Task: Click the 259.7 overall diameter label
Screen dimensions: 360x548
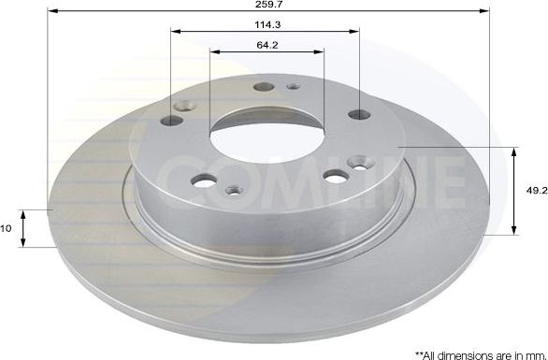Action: point(267,5)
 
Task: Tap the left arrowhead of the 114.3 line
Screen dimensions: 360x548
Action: point(174,32)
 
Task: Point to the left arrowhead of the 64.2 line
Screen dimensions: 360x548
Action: point(213,52)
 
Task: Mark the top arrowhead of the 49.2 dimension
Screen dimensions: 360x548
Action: point(514,151)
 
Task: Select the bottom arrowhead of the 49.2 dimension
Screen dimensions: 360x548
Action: point(514,231)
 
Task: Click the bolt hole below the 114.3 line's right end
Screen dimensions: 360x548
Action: point(360,115)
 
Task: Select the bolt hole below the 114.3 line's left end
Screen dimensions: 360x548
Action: point(170,120)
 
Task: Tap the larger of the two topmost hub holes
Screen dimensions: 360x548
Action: point(264,88)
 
